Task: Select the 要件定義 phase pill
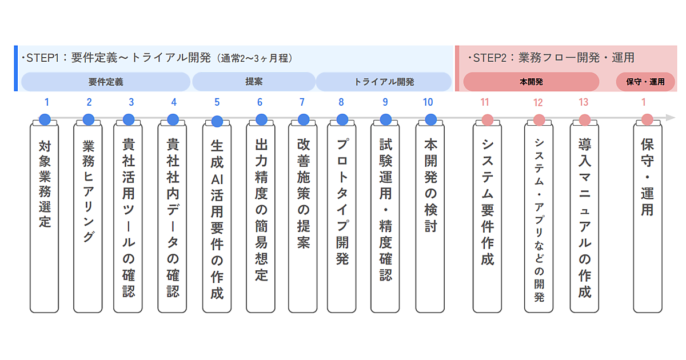pyautogui.click(x=106, y=82)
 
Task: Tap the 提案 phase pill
pyautogui.click(x=254, y=82)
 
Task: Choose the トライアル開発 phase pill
pyautogui.click(x=384, y=82)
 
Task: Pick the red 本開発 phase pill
pyautogui.click(x=531, y=82)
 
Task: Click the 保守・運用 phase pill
pyautogui.click(x=645, y=82)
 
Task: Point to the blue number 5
pyautogui.click(x=217, y=102)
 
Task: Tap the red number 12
pyautogui.click(x=538, y=103)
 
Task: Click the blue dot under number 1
pyautogui.click(x=45, y=119)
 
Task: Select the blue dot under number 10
pyautogui.click(x=431, y=119)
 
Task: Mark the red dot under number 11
pyautogui.click(x=487, y=119)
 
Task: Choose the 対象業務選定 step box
pyautogui.click(x=45, y=217)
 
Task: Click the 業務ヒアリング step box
pyautogui.click(x=88, y=217)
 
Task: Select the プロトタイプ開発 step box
pyautogui.click(x=342, y=217)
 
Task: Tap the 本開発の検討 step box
pyautogui.click(x=430, y=217)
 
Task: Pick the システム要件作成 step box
pyautogui.click(x=487, y=217)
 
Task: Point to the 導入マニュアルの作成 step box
pyautogui.click(x=584, y=217)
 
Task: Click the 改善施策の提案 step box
pyautogui.click(x=303, y=217)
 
